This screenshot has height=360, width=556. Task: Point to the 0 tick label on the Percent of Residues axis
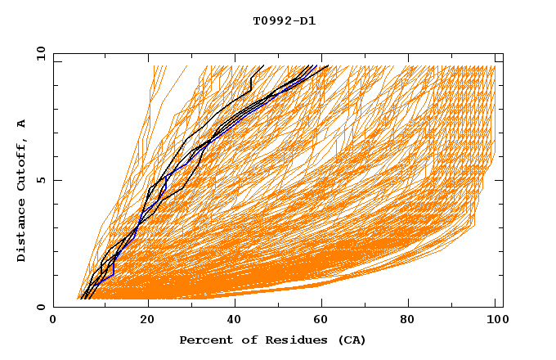(53, 320)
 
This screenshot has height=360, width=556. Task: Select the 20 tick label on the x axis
(148, 320)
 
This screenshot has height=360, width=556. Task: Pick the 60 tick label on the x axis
(325, 320)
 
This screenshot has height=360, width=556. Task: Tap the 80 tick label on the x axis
(414, 320)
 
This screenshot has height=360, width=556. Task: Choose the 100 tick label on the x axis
(495, 320)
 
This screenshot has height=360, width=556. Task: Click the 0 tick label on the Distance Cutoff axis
(41, 307)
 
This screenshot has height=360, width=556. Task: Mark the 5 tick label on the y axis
(41, 180)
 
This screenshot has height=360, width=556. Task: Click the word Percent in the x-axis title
(203, 340)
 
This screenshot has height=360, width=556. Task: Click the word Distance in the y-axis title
(22, 233)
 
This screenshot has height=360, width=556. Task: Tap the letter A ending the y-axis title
(22, 124)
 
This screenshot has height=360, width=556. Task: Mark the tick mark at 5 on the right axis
(500, 180)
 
